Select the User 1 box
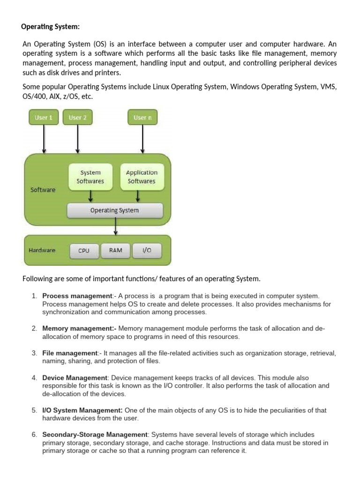[x=44, y=118]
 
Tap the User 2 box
[x=78, y=118]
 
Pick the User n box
[x=142, y=118]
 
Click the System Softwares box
[x=90, y=177]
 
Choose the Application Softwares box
[x=142, y=177]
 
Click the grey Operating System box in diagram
[x=115, y=210]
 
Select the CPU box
[x=84, y=251]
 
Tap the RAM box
[x=116, y=250]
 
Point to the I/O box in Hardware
[x=147, y=250]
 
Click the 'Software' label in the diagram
[x=43, y=190]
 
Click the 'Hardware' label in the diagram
[x=42, y=250]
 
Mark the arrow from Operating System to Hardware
[x=115, y=227]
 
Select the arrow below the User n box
[x=142, y=139]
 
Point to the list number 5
[x=34, y=410]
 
